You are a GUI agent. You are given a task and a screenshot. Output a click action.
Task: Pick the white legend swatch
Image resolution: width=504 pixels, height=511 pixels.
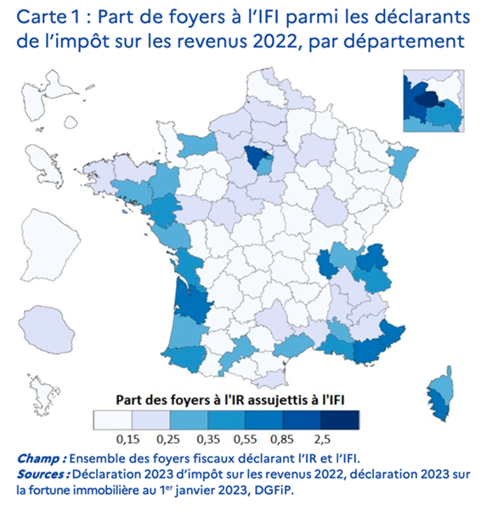point(111,419)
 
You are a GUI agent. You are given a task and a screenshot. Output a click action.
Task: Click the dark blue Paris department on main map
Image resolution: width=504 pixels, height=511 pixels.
point(252,156)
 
